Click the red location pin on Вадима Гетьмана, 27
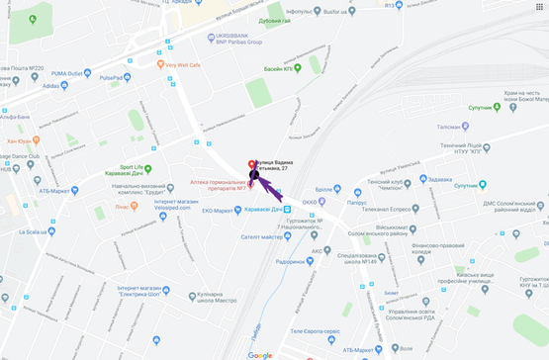point(249,163)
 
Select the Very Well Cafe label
point(183,65)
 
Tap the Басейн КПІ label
point(267,70)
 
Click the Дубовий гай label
point(274,21)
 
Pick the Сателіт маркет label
point(262,236)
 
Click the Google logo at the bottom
point(260,354)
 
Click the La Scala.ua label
point(36,232)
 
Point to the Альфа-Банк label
point(14,118)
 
